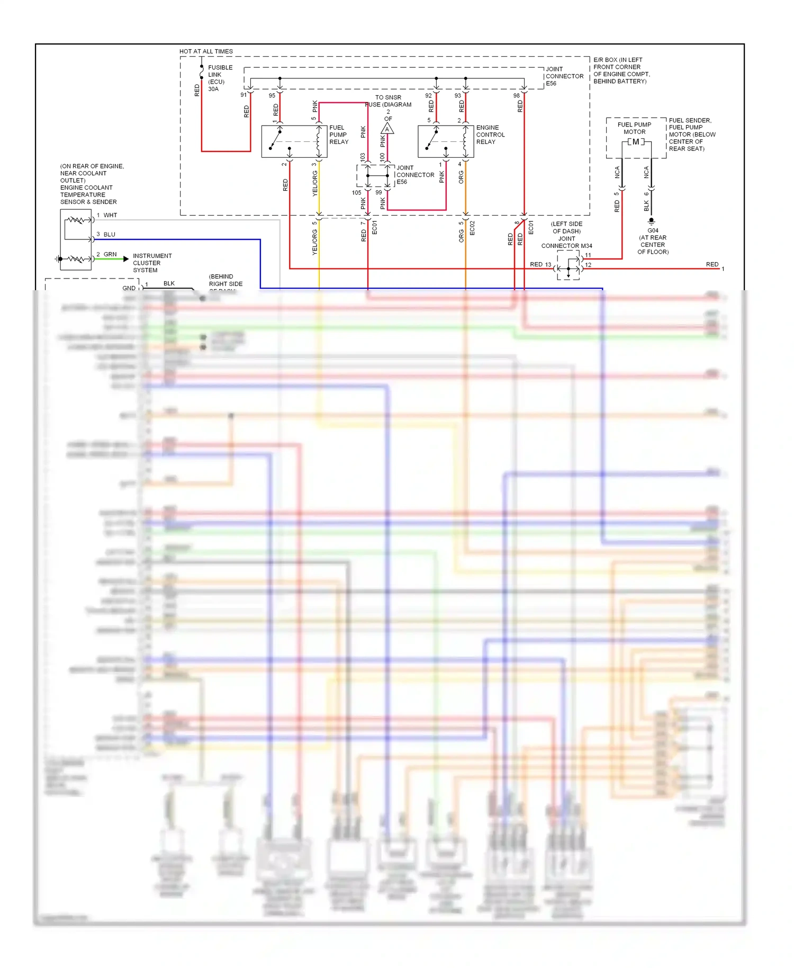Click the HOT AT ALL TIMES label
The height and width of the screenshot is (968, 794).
pos(206,51)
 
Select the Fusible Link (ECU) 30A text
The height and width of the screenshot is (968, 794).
pos(220,78)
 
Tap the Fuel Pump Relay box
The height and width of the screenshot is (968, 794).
pos(294,141)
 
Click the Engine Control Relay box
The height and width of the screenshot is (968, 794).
pos(445,141)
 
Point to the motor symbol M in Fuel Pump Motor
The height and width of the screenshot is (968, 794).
pos(636,142)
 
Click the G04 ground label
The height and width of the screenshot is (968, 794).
pos(653,230)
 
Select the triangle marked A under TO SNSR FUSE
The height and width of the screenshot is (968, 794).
pos(387,129)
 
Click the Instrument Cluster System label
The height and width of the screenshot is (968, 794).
pos(151,263)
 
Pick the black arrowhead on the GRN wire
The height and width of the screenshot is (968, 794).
pos(126,259)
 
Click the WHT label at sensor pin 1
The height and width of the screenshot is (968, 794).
pos(110,215)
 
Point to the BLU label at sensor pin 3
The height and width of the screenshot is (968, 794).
pos(109,234)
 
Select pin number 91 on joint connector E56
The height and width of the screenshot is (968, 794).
pos(243,95)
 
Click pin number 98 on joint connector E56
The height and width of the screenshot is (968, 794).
pos(516,95)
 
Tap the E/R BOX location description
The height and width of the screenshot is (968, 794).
pos(621,70)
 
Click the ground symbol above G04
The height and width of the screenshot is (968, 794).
pos(652,221)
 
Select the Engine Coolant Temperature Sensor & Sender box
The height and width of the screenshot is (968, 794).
pos(76,239)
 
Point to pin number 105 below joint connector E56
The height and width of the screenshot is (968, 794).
pos(356,192)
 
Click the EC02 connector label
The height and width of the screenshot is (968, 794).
pos(472,228)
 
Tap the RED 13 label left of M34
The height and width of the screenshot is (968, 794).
pos(540,264)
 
